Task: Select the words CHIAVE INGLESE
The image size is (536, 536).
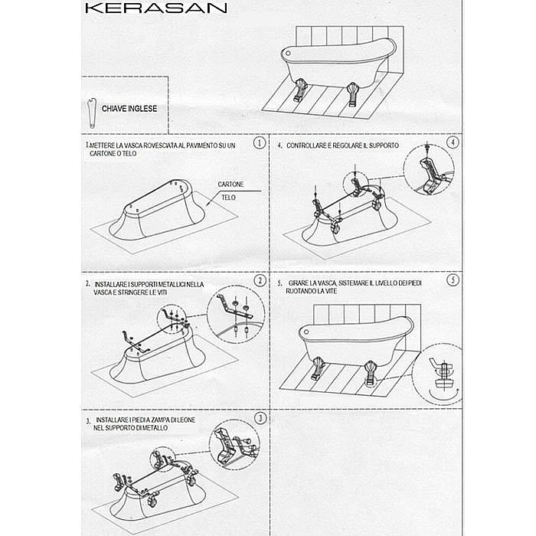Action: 129,109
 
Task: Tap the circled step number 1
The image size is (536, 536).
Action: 260,143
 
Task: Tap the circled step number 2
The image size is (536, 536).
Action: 260,280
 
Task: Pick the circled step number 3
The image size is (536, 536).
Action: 260,417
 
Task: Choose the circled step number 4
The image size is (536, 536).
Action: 454,143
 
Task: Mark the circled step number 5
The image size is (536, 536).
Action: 454,280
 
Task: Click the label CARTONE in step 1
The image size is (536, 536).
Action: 230,185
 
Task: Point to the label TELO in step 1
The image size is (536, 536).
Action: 228,198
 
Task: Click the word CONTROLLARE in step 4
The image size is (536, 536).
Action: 310,145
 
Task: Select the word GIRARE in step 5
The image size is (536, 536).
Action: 300,282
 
